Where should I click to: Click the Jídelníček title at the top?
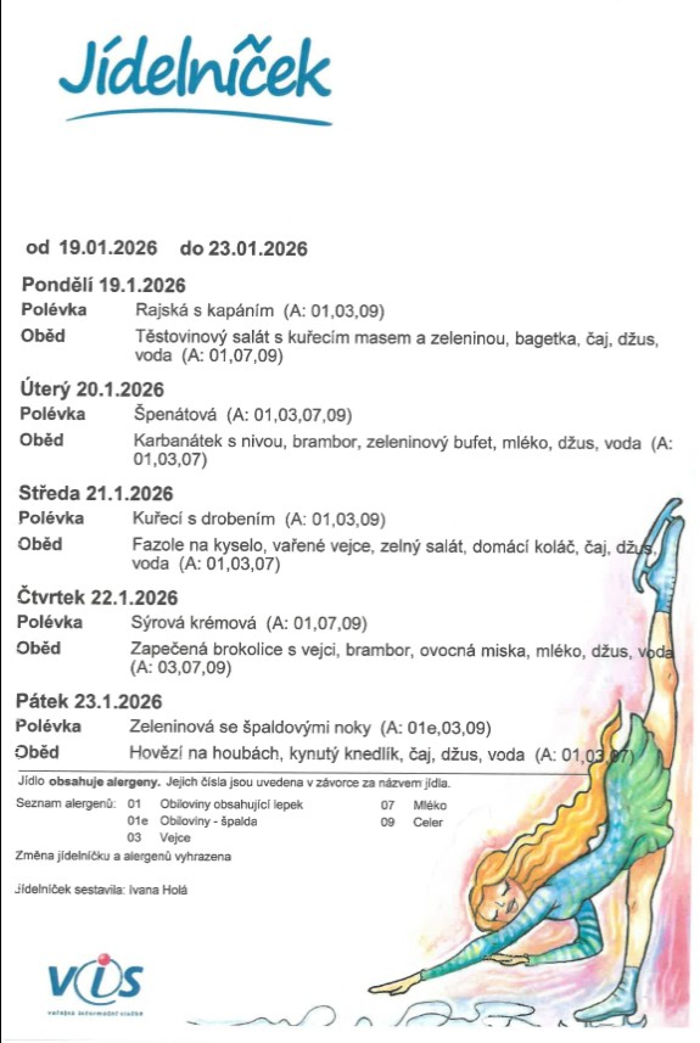tap(195, 73)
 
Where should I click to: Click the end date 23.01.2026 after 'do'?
tap(258, 248)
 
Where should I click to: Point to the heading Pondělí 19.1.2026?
tap(103, 285)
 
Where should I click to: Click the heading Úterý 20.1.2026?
tap(92, 389)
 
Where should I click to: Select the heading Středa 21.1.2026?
tap(96, 493)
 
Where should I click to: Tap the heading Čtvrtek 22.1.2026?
tap(97, 597)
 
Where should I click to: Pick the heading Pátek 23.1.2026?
tap(89, 701)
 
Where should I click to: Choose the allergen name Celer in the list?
tap(428, 822)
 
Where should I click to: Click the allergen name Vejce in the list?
tap(175, 838)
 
